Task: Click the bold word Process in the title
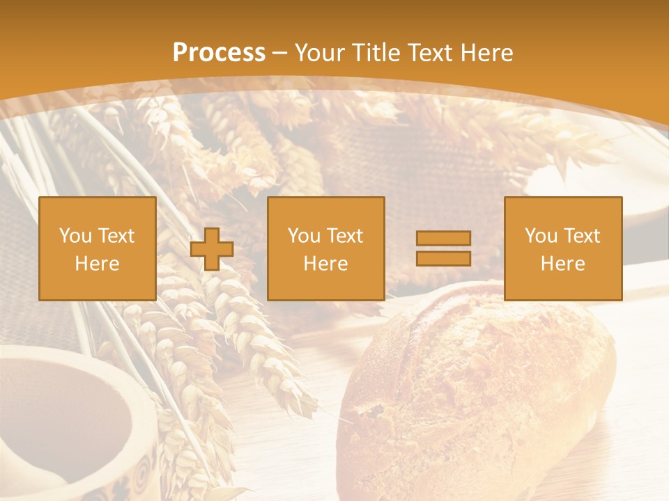[219, 53]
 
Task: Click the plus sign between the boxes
[212, 249]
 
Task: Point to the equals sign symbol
[443, 248]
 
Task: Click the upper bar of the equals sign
[443, 238]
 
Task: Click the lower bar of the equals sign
[443, 258]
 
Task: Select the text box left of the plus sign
[97, 248]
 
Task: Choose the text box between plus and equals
[325, 248]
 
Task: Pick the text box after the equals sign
[562, 248]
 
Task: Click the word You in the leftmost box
[75, 236]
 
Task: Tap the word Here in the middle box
[325, 264]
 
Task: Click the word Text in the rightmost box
[581, 236]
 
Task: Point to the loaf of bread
[474, 397]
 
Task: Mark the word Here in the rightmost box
[562, 264]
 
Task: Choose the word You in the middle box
[304, 236]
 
